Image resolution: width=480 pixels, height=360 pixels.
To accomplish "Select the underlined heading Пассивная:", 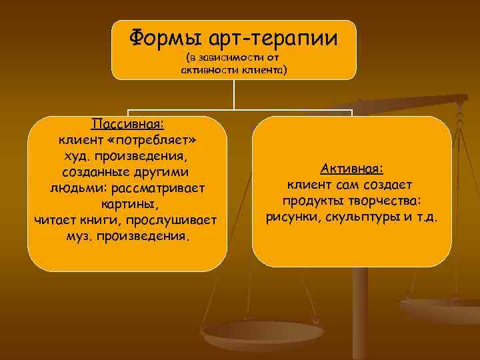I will tap(128, 125).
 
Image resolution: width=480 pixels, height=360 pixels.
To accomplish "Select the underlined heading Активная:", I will tap(351, 169).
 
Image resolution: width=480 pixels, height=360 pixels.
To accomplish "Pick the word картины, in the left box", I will tap(128, 205).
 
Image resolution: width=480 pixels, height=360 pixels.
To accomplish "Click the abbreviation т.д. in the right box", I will tap(426, 217).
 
